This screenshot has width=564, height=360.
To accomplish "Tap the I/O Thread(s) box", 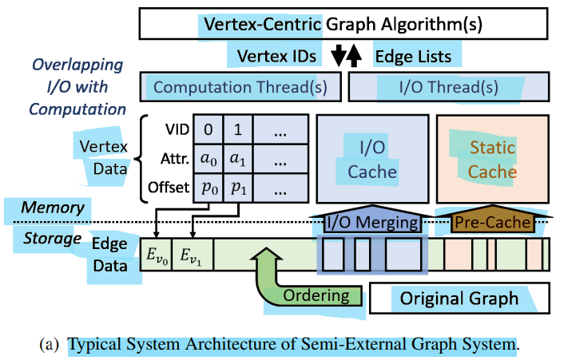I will point(448,87).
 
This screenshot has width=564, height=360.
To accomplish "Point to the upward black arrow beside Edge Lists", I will point(355,56).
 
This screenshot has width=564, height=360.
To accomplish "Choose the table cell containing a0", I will point(209,160).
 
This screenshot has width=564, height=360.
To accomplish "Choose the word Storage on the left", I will point(52,239).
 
